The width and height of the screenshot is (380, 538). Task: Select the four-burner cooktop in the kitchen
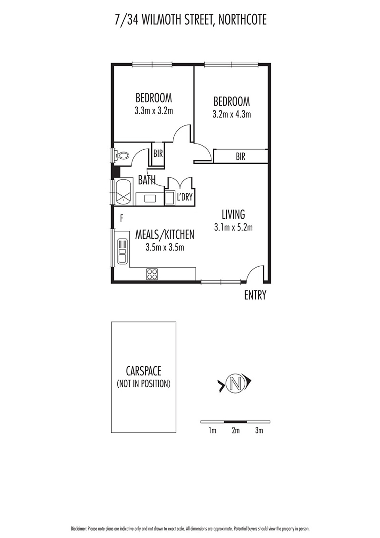tap(152, 274)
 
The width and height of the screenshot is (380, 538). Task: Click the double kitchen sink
tap(123, 251)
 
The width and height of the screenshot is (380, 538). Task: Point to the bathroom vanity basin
tap(150, 199)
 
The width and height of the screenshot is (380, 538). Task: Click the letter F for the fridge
tap(122, 219)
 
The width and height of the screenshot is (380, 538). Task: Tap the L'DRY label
tap(184, 197)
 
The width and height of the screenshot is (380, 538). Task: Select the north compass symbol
tap(235, 383)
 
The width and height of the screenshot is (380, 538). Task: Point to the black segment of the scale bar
tap(235, 422)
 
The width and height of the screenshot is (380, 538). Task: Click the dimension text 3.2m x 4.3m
tap(231, 114)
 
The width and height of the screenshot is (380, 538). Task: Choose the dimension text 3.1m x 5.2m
tap(233, 227)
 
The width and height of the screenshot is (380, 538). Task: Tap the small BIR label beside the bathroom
tap(158, 153)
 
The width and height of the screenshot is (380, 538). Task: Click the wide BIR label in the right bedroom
tap(241, 157)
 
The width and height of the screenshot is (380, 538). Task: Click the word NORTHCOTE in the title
tap(239, 20)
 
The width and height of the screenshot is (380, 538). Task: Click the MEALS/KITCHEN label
tap(165, 235)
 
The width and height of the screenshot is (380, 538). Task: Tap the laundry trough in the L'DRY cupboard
tap(170, 198)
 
